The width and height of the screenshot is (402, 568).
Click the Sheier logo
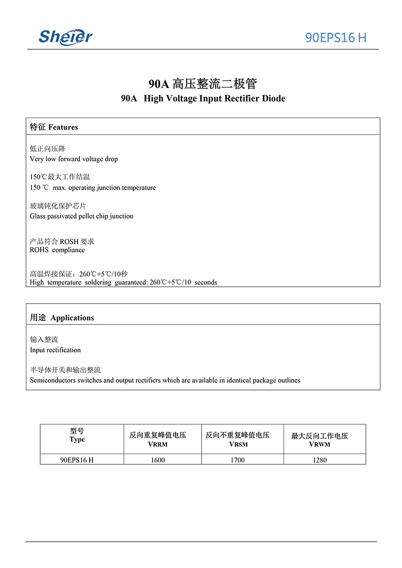click(x=66, y=36)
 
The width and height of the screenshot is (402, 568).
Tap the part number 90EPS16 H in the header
click(x=335, y=38)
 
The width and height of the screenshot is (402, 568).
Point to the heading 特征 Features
click(x=54, y=127)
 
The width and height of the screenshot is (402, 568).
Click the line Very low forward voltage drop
click(x=74, y=159)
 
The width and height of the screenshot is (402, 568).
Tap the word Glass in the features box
click(x=38, y=216)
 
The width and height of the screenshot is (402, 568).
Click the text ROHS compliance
click(x=58, y=250)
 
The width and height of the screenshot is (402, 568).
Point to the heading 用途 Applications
click(x=62, y=318)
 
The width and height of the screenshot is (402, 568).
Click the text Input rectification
click(x=55, y=350)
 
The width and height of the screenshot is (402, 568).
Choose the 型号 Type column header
click(x=77, y=436)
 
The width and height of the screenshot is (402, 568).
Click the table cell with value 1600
click(x=158, y=460)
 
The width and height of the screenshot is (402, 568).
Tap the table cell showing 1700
click(x=238, y=460)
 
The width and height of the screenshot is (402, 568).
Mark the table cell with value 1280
click(x=320, y=460)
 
